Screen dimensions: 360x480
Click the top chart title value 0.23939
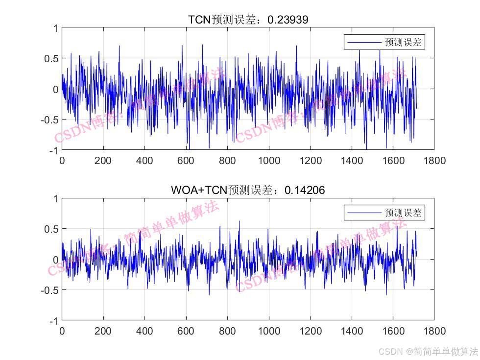(288, 20)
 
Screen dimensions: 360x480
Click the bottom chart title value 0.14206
(305, 190)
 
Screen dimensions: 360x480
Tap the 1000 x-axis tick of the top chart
(269, 161)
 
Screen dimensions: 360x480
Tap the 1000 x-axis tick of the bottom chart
(269, 331)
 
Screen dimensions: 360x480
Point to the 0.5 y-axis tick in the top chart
(51, 58)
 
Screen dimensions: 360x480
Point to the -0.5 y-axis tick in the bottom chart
(49, 290)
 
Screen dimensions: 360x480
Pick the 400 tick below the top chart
(144, 161)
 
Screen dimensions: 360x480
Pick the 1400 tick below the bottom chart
(351, 331)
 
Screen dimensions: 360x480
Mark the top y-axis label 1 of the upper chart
(56, 28)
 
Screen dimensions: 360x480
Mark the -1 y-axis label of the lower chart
(53, 321)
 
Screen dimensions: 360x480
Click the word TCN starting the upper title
(200, 20)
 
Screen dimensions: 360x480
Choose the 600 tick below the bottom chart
(186, 331)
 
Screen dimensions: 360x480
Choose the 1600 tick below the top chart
(393, 161)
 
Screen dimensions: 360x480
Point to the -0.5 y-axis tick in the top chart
(49, 120)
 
